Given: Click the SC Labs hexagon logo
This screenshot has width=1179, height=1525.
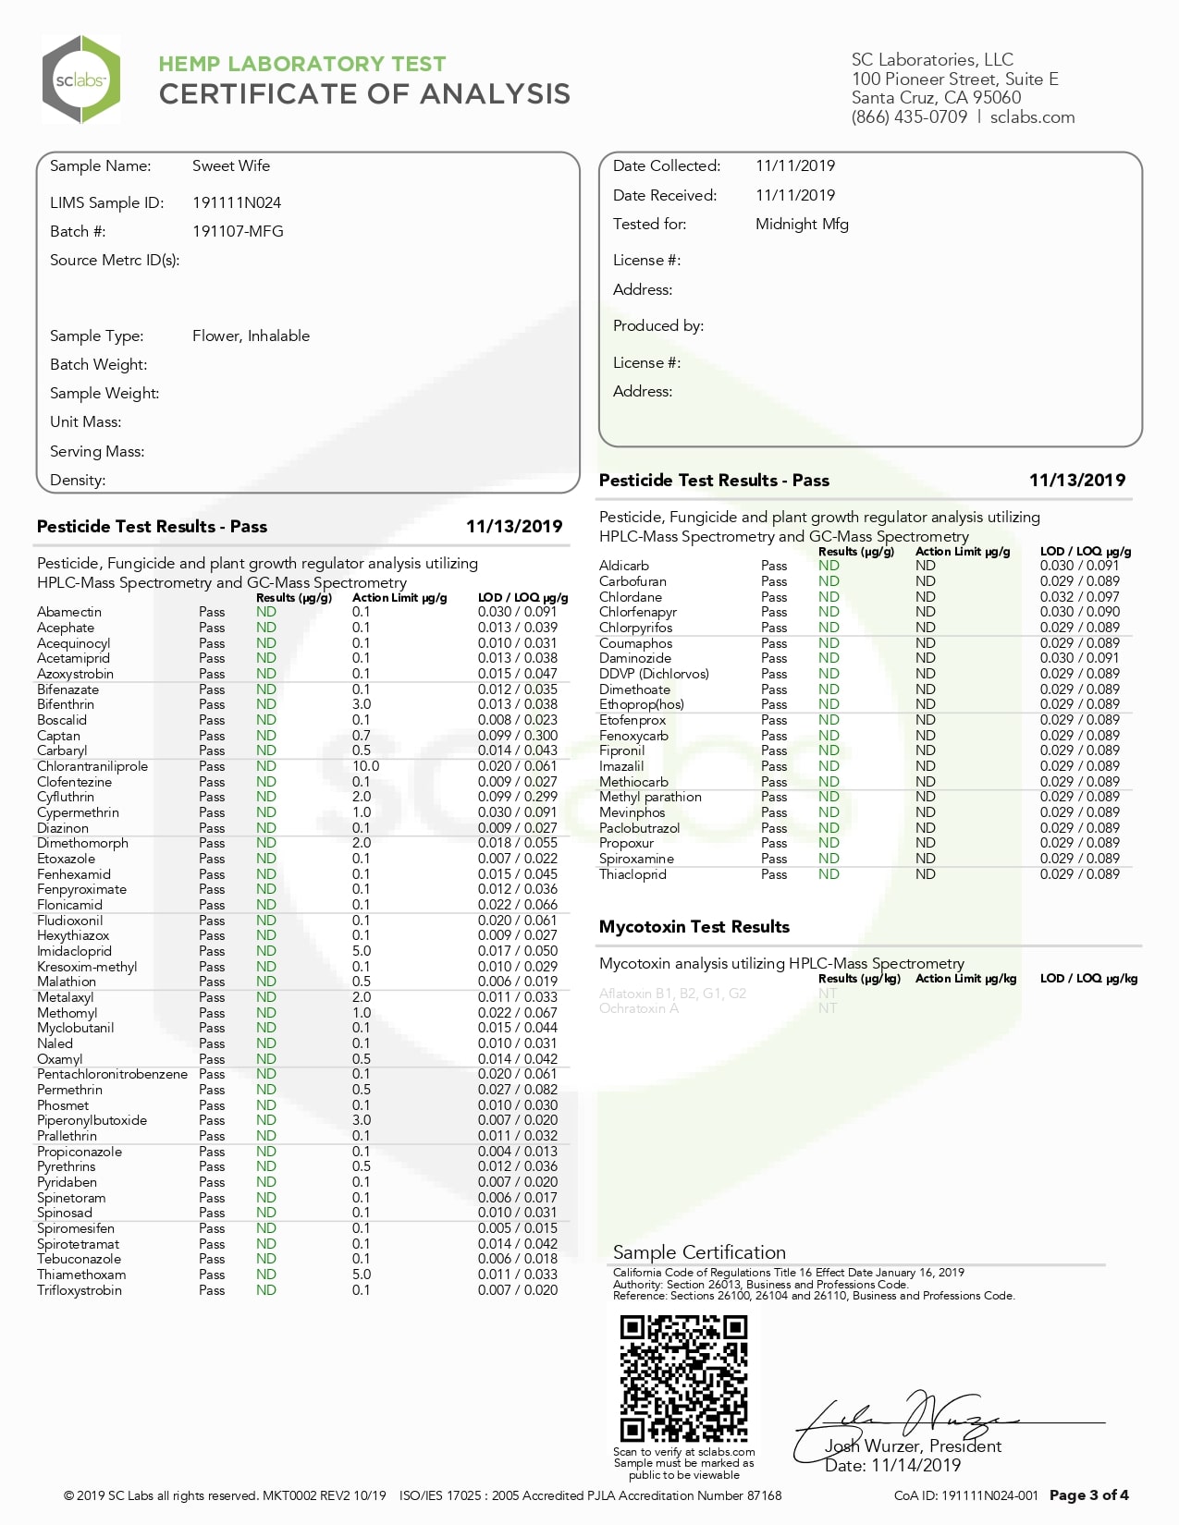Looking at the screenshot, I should click(81, 79).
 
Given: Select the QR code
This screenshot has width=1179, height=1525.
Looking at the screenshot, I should click(683, 1378).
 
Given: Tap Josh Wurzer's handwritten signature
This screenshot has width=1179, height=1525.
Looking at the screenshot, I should click(915, 1419).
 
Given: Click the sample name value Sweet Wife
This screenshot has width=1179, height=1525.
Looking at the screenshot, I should click(231, 166).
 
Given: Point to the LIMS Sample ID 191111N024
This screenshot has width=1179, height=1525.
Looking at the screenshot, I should click(237, 203).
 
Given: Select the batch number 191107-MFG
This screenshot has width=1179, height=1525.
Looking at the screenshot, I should click(238, 232).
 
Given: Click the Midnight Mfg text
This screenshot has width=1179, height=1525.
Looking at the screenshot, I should click(802, 225).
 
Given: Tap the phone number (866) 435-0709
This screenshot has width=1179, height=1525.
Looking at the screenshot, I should click(909, 117).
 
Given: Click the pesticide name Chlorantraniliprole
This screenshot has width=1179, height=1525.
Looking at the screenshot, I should click(92, 766).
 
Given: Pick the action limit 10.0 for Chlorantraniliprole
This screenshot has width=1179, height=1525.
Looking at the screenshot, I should click(365, 766).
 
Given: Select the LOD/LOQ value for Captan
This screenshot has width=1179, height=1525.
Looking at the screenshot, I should click(517, 736).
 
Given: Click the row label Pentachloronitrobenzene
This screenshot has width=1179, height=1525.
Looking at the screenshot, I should click(112, 1074).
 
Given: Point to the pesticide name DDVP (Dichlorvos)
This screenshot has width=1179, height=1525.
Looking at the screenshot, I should click(654, 674).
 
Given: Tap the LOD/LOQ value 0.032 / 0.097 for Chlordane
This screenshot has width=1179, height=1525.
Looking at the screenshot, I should click(1079, 597).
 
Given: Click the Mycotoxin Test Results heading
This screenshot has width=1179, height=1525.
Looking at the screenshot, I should click(694, 927).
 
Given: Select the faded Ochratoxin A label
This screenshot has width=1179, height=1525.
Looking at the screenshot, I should click(639, 1008).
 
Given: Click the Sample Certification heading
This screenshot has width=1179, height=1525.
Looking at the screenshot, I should click(699, 1252).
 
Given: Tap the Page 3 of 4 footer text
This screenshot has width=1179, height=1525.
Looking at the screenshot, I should click(1088, 1495).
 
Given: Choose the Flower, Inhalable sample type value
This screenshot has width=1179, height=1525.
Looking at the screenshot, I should click(251, 336).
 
